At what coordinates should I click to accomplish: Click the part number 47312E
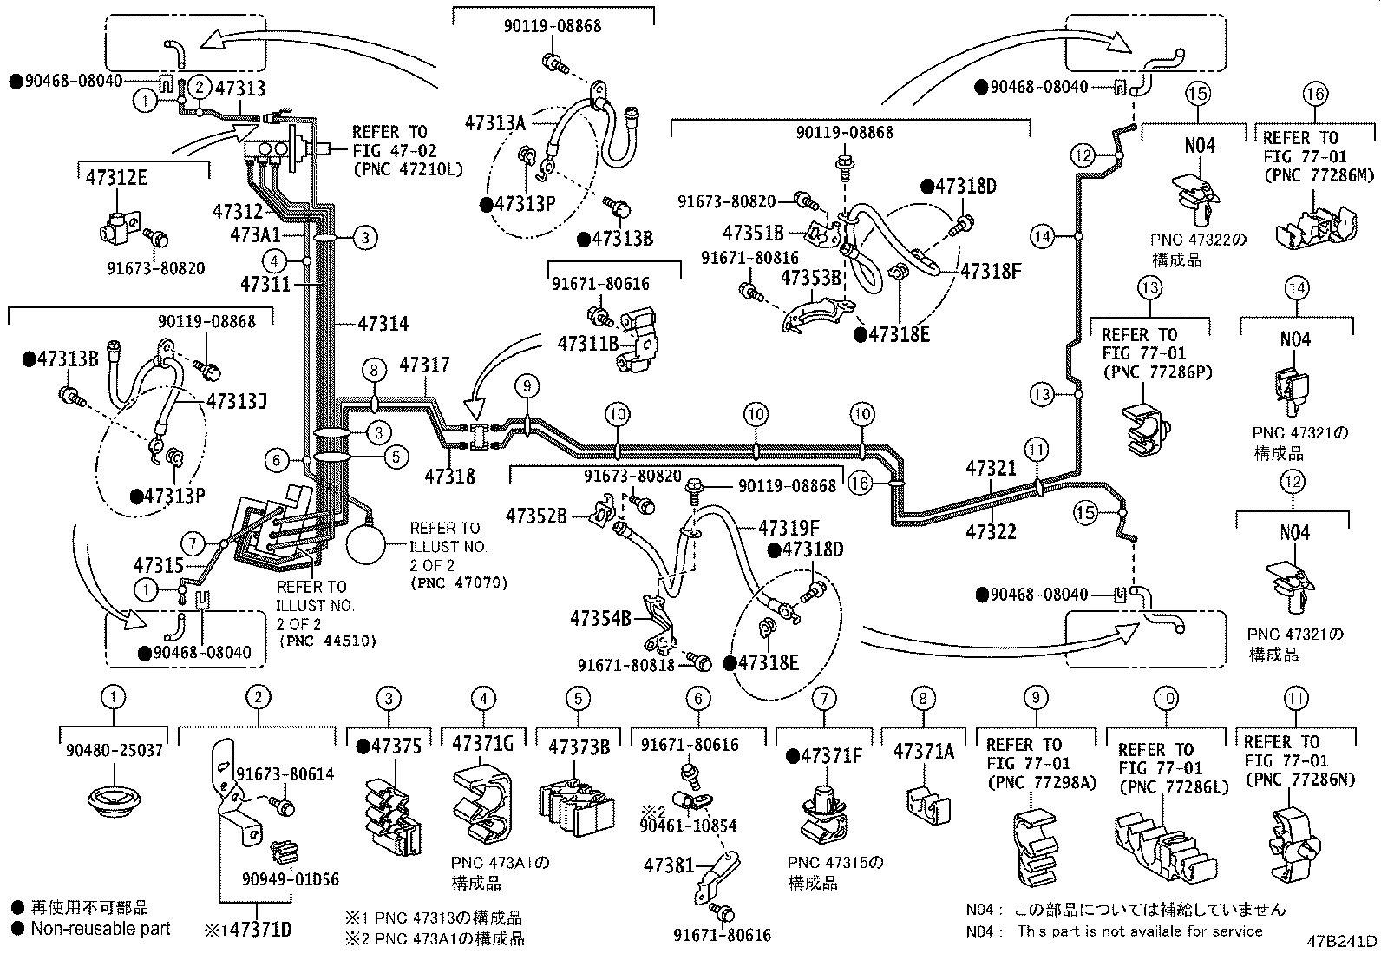tap(116, 178)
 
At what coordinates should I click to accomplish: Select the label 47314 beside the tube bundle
tap(383, 323)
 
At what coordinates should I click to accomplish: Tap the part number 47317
tap(424, 365)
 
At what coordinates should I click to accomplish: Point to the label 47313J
tap(237, 401)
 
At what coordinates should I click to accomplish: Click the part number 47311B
tap(587, 344)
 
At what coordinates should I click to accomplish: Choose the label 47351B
tap(753, 233)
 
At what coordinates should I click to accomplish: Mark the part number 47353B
tap(811, 278)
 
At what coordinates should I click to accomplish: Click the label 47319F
tap(789, 529)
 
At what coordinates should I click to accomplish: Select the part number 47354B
tap(600, 618)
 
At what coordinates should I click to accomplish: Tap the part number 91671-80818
tap(625, 665)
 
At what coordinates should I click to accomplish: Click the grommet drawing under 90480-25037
tap(114, 799)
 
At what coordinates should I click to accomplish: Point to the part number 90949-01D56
tap(291, 878)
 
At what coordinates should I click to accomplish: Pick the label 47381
tap(669, 865)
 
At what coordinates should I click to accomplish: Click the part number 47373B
tap(579, 747)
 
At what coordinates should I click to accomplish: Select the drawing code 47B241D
tap(1342, 941)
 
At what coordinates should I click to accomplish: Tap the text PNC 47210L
tap(408, 168)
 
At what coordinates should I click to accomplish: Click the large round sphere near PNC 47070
tap(365, 544)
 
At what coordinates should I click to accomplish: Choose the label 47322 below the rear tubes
tap(991, 531)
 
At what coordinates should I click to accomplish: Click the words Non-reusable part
tap(101, 928)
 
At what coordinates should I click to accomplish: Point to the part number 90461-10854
tap(688, 825)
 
